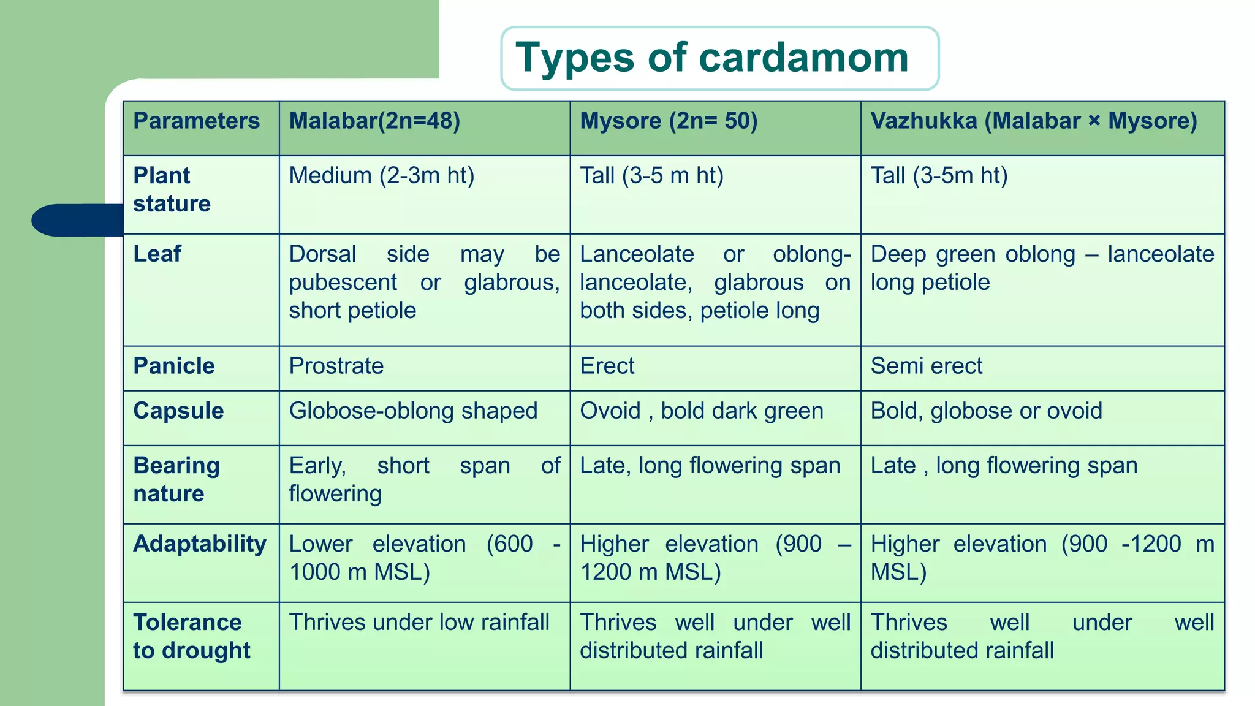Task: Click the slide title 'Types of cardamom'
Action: [x=712, y=58]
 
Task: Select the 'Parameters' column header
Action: [x=197, y=121]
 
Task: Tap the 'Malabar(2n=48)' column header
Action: [x=374, y=121]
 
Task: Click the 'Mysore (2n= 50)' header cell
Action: [x=669, y=121]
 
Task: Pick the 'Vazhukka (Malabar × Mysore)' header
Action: [x=1034, y=121]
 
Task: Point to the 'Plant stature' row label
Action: [x=172, y=189]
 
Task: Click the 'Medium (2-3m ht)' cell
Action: [x=382, y=176]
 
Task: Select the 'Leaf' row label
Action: [x=157, y=254]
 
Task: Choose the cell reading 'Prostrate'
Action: [x=336, y=366]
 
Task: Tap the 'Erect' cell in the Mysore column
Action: [x=607, y=366]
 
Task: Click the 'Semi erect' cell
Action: [x=926, y=366]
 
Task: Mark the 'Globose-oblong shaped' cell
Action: [x=413, y=411]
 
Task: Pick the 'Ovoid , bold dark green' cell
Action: [x=702, y=411]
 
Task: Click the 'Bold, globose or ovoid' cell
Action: [x=986, y=411]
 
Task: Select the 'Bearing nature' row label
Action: [x=176, y=479]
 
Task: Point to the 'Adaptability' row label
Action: [x=200, y=544]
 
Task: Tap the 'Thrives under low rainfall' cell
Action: [x=419, y=622]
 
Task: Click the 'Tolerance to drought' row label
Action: [x=191, y=636]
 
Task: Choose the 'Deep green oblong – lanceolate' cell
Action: [x=1042, y=268]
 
